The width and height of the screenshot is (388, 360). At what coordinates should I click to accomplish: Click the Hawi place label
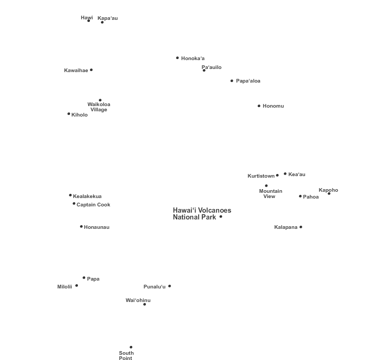pyautogui.click(x=87, y=18)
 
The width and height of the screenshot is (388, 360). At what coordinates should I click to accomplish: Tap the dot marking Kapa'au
pyautogui.click(x=102, y=22)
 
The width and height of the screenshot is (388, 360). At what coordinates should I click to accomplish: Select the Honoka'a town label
pyautogui.click(x=193, y=59)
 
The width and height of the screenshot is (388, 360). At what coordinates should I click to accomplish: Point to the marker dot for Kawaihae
pyautogui.click(x=92, y=70)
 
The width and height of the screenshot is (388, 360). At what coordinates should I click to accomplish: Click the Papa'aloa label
pyautogui.click(x=248, y=81)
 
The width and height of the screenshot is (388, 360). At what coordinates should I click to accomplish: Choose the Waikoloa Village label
pyautogui.click(x=99, y=107)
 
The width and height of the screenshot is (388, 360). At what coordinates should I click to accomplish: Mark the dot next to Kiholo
pyautogui.click(x=69, y=114)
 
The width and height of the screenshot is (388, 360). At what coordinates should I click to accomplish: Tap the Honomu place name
pyautogui.click(x=273, y=106)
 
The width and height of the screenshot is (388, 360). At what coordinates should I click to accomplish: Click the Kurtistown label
pyautogui.click(x=261, y=176)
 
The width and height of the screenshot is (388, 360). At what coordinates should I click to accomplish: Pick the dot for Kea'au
pyautogui.click(x=285, y=174)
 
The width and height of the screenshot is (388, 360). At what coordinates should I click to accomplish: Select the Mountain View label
pyautogui.click(x=270, y=194)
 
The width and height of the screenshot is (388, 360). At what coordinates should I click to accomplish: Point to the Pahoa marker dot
pyautogui.click(x=300, y=196)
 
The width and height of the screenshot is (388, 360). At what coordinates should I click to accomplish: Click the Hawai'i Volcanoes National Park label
pyautogui.click(x=202, y=214)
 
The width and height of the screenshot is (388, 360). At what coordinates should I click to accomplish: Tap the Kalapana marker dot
pyautogui.click(x=301, y=227)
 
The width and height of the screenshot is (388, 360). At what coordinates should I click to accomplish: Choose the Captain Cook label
pyautogui.click(x=93, y=204)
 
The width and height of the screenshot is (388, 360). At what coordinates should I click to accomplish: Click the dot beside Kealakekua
pyautogui.click(x=70, y=195)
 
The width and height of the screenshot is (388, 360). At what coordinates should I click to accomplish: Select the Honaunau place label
pyautogui.click(x=97, y=227)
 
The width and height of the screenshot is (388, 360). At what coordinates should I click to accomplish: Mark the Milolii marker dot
pyautogui.click(x=77, y=286)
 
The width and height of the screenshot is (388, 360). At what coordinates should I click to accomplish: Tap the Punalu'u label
pyautogui.click(x=154, y=286)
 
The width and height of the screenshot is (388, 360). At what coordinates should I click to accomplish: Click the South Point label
pyautogui.click(x=126, y=355)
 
